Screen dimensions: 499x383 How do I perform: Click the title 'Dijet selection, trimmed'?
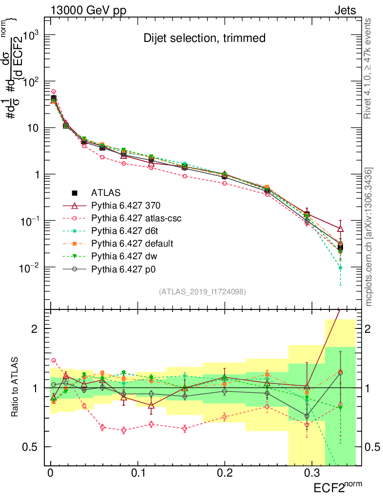[x=204, y=38]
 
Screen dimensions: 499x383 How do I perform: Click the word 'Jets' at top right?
[x=345, y=11]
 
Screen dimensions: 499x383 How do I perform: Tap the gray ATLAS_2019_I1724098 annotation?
[x=202, y=292]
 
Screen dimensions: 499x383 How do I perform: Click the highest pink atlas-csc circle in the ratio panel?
[x=54, y=361]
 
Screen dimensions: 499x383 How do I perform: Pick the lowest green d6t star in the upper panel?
[x=340, y=268]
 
